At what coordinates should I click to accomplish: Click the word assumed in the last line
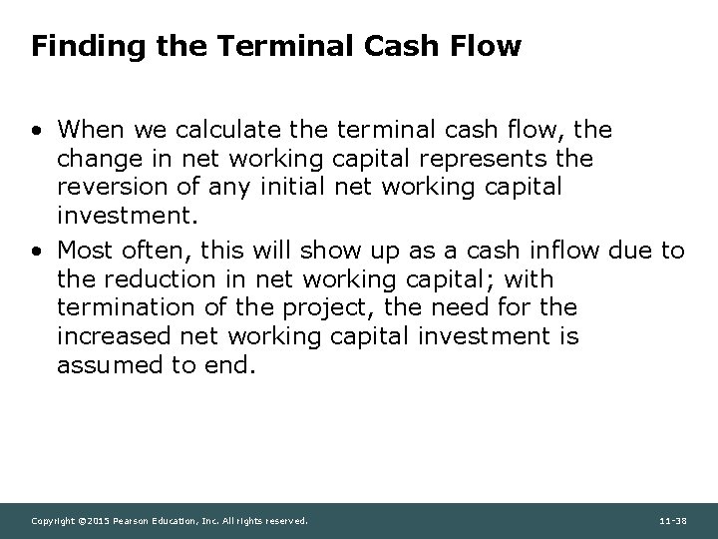[x=103, y=365]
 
